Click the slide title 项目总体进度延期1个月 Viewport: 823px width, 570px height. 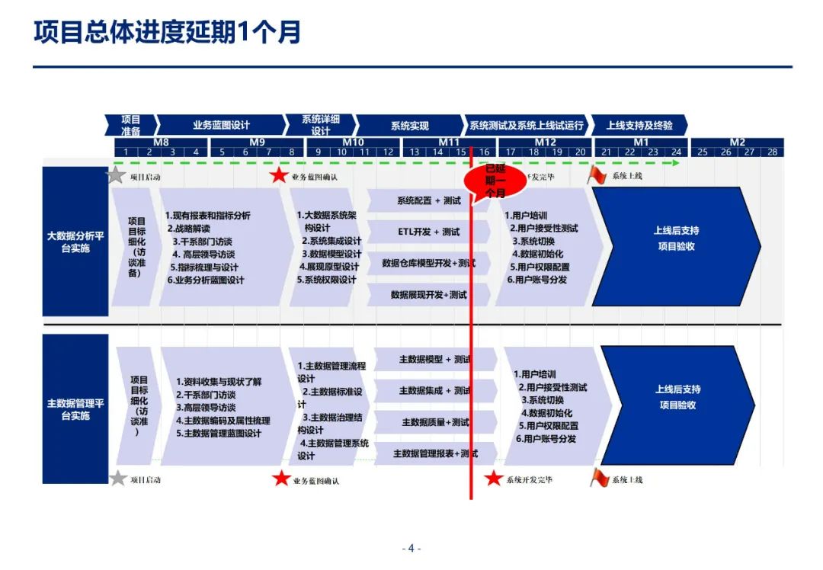168,32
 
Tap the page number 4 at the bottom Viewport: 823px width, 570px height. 411,548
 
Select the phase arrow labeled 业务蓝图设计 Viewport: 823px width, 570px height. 221,125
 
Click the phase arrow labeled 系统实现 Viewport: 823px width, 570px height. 410,125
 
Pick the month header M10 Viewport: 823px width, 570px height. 353,142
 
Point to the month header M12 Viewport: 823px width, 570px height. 545,142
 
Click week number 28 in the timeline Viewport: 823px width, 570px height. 772,152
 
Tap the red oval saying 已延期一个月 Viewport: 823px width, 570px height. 495,181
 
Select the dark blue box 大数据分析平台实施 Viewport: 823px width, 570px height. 75,241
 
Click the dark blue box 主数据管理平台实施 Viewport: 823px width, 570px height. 75,409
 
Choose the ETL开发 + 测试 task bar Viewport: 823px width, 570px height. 428,232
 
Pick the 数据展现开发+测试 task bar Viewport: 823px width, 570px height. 428,294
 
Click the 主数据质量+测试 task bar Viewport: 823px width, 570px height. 435,422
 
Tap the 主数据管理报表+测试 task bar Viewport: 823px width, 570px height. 435,453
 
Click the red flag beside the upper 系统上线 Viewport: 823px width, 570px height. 598,175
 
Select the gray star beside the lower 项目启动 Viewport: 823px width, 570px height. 117,479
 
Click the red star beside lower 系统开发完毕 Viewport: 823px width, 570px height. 494,479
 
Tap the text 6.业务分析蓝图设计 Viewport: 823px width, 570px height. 206,280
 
